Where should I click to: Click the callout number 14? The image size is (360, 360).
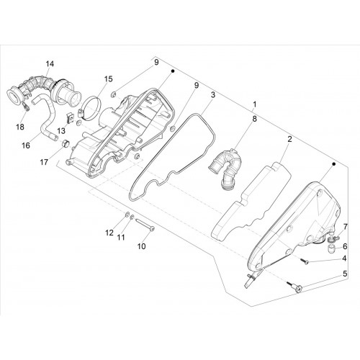[50, 64]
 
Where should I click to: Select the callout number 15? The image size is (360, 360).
[108, 78]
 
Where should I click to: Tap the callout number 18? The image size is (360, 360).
[20, 127]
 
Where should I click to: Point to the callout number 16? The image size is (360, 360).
[26, 145]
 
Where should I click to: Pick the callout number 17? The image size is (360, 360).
[44, 162]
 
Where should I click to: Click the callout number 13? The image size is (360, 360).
[61, 131]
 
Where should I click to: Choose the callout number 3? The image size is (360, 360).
[213, 95]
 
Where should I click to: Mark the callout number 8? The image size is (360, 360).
[254, 119]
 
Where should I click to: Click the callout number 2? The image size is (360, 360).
[289, 139]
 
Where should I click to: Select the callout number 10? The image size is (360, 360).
[142, 246]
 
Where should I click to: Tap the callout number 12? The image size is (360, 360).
[109, 233]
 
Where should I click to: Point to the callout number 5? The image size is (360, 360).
[345, 274]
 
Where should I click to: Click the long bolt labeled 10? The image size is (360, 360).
[145, 225]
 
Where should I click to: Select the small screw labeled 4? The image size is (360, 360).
[304, 262]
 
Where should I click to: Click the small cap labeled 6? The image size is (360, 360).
[331, 249]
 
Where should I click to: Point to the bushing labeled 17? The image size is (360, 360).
[66, 143]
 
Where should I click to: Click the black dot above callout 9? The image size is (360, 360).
[173, 71]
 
